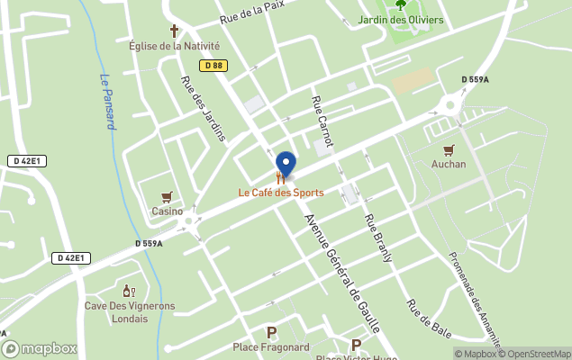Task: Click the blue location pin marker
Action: coord(286,165)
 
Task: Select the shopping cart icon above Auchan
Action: coord(449,150)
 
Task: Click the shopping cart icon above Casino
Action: coord(167,197)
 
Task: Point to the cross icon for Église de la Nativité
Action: coord(175,31)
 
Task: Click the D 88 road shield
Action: coord(213,65)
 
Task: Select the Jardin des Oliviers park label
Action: coord(401,20)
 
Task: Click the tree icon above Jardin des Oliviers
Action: coord(401,4)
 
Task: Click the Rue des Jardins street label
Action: coord(203,108)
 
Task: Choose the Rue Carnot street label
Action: coord(322,122)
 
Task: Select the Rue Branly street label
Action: coord(378,238)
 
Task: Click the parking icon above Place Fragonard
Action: coord(271,332)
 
